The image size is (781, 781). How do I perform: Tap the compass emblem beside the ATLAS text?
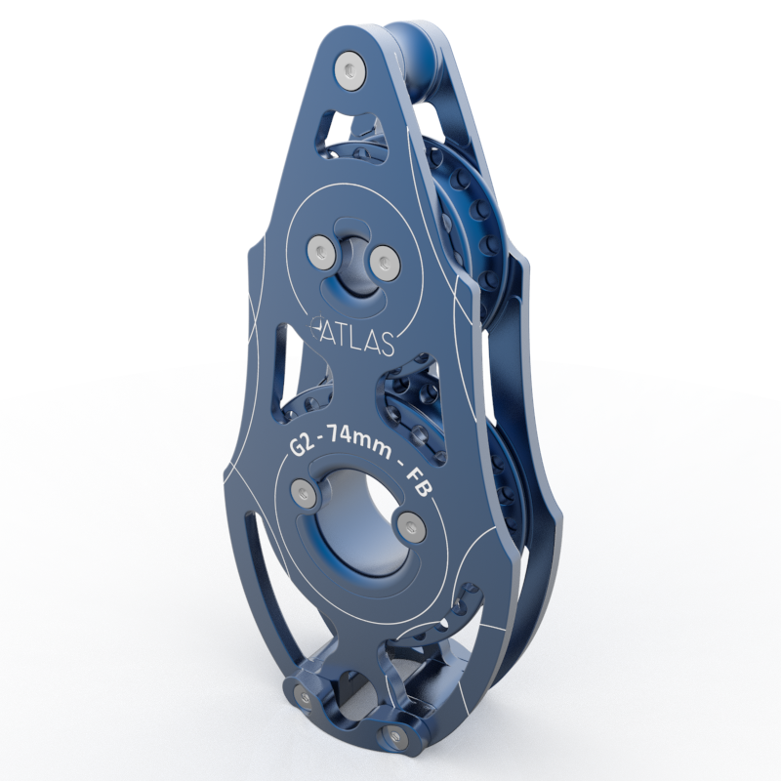[x=319, y=330]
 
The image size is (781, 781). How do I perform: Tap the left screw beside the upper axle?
[x=319, y=251]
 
